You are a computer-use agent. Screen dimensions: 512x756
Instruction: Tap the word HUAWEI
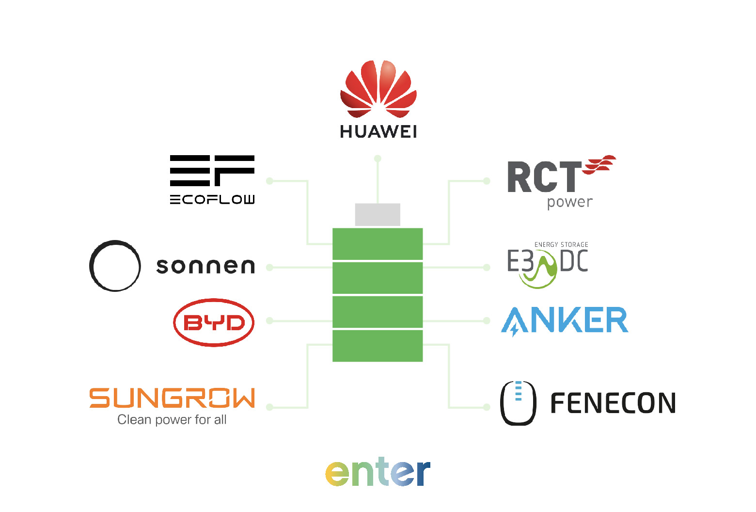point(378,131)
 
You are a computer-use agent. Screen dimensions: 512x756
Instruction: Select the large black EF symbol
point(212,171)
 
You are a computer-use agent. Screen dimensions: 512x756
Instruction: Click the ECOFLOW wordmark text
point(212,199)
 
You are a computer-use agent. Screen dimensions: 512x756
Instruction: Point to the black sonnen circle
point(115,266)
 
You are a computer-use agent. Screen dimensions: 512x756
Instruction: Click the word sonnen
point(205,266)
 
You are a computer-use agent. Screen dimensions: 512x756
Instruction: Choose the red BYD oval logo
point(214,322)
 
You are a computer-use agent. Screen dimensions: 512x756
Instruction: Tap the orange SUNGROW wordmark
point(172,398)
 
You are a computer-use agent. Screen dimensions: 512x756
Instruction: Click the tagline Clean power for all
point(172,419)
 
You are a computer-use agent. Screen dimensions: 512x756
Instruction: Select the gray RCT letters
point(544,177)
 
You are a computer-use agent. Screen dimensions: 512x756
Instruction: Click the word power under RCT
point(569,202)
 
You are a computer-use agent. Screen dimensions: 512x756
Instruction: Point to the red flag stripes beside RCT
point(600,165)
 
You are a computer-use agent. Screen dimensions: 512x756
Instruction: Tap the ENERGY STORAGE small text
point(561,245)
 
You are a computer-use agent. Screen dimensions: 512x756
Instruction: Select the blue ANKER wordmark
point(565,320)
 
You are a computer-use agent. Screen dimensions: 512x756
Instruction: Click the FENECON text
point(613,403)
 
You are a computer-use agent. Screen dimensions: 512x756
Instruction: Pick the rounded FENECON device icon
point(518,403)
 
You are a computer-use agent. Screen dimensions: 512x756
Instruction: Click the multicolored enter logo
point(378,472)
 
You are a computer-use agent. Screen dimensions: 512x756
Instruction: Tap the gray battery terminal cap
point(378,214)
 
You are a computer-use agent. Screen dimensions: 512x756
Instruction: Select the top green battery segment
point(378,244)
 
